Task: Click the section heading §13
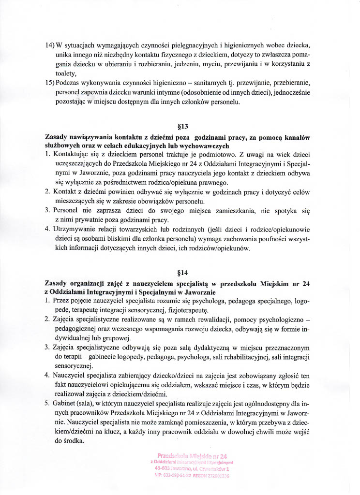click(x=183, y=128)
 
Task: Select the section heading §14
click(x=183, y=272)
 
